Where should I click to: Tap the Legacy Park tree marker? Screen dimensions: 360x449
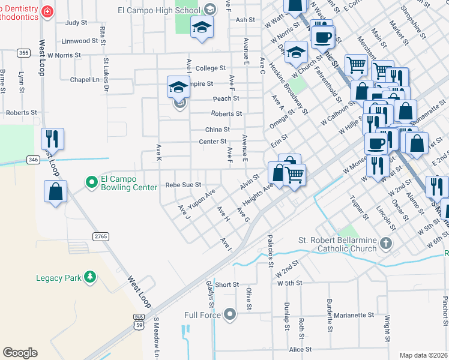pos(90,277)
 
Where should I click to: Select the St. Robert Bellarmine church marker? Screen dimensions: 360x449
pos(385,244)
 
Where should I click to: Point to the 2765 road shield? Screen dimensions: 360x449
pos(100,236)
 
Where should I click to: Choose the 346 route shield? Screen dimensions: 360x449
pos(33,159)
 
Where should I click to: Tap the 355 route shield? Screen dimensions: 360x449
pos(23,53)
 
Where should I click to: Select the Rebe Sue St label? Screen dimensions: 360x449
pos(183,186)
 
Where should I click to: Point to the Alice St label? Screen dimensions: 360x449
pos(300,349)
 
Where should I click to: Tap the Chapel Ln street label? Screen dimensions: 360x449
pos(84,80)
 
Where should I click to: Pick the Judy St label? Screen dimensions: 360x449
pos(76,23)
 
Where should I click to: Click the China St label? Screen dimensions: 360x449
pos(217,130)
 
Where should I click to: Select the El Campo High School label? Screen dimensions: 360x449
pos(159,10)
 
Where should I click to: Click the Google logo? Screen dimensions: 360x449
pos(20,353)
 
